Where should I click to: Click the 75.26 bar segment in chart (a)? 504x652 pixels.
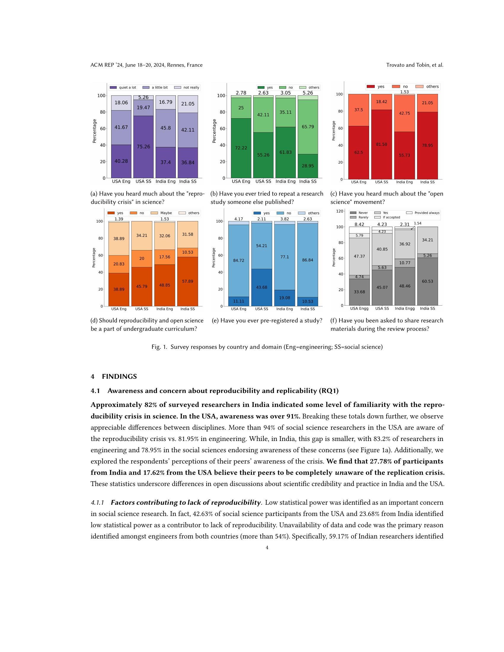coord(143,147)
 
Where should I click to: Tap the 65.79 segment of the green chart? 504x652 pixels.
coord(308,127)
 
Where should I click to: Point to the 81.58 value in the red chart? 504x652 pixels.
coord(382,144)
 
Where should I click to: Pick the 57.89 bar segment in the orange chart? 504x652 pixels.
coord(187,281)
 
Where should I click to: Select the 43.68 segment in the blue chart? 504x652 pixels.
coord(261,287)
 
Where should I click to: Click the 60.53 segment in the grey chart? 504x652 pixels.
coord(428,281)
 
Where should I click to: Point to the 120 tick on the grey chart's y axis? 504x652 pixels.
coord(340,211)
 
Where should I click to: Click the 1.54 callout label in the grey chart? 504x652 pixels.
coord(417,223)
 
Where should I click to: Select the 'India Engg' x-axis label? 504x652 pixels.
coord(405,309)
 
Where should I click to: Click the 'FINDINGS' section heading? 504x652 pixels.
coord(119,376)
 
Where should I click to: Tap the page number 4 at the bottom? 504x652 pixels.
coord(267,547)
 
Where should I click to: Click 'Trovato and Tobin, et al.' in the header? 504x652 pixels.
coord(414,65)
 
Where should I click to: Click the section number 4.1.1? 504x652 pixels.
coord(97,502)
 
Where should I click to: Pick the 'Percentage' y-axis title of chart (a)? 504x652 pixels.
coord(94,131)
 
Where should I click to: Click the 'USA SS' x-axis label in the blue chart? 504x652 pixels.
coord(261,309)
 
